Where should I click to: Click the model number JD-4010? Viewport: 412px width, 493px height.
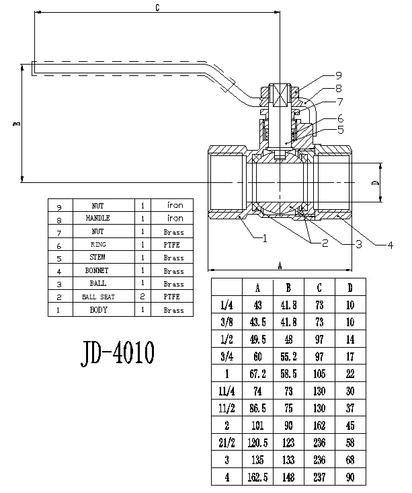[118, 352]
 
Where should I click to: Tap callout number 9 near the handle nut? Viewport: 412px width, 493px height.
[339, 75]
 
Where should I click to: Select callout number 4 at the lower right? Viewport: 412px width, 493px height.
[390, 245]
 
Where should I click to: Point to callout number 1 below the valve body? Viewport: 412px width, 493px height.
[265, 239]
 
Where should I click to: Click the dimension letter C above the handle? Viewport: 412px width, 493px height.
[157, 7]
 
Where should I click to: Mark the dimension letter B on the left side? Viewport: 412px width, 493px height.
[17, 123]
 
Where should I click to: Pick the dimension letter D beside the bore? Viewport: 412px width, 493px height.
[376, 182]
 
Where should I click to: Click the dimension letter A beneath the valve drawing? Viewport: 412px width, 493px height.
[280, 266]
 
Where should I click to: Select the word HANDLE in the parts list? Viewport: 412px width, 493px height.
[97, 218]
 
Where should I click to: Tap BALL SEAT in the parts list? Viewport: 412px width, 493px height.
[98, 297]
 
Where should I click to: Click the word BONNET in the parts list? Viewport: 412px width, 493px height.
[97, 270]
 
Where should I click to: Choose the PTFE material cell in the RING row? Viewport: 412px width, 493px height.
[171, 245]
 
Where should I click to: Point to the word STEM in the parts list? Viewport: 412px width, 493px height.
[97, 257]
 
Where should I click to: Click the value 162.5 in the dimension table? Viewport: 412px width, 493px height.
[257, 478]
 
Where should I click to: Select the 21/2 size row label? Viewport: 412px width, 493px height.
[227, 443]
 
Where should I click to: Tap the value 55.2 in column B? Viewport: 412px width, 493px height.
[288, 356]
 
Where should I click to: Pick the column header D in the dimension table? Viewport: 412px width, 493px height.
[350, 288]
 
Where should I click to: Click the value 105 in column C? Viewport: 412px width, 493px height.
[319, 374]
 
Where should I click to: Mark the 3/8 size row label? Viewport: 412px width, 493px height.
[226, 322]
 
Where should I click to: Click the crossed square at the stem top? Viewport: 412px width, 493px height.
[280, 96]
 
